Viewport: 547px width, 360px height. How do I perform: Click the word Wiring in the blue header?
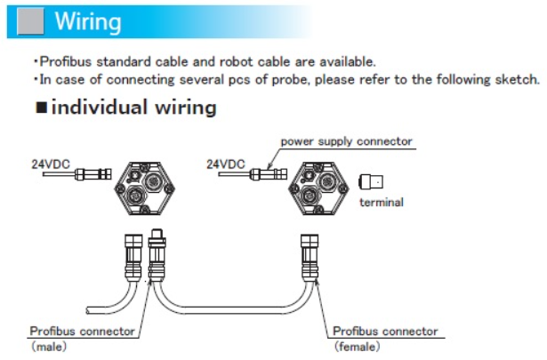pos(88,20)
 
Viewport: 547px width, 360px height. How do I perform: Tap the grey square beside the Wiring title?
pos(28,20)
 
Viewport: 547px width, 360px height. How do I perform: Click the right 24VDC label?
pos(225,164)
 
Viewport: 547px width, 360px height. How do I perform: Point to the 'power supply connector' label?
pos(346,141)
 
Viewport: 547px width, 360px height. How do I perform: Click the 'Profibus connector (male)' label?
pos(82,331)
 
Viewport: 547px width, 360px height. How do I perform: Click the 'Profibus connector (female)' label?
pos(385,331)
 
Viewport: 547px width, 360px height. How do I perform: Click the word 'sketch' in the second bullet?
pos(517,78)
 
